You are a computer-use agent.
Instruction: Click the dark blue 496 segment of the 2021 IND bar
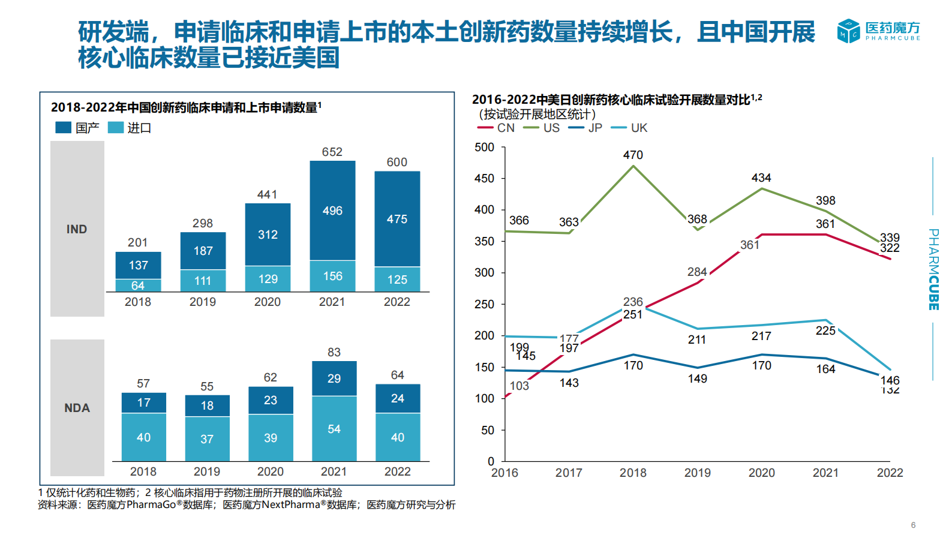click(332, 211)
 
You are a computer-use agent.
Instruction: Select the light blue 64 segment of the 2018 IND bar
click(138, 285)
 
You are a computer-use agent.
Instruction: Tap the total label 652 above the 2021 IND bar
click(332, 152)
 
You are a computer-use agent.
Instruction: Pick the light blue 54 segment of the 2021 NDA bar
click(334, 429)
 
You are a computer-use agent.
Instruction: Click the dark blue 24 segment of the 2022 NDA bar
click(398, 398)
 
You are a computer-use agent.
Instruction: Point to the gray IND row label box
click(77, 229)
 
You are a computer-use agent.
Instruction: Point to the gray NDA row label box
click(77, 408)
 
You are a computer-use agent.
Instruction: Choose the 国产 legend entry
click(78, 128)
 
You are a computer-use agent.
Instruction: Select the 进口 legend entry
click(130, 128)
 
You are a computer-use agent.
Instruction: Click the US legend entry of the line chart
click(542, 128)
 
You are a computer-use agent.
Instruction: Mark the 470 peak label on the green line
click(633, 155)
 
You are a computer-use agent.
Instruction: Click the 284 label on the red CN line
click(697, 272)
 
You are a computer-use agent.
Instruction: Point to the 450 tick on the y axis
click(485, 179)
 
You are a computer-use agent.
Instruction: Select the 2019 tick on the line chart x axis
click(697, 473)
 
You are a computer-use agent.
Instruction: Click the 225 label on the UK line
click(825, 330)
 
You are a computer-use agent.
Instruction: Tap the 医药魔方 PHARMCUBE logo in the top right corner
click(878, 31)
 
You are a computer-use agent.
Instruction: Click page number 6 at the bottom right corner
click(913, 525)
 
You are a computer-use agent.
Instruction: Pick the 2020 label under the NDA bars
click(270, 471)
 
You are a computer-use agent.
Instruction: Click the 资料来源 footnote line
click(247, 505)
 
